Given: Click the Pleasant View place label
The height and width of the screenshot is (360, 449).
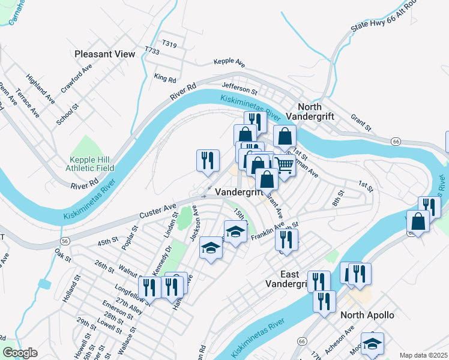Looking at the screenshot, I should tap(105, 54).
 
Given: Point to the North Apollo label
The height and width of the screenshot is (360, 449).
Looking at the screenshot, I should tap(367, 315).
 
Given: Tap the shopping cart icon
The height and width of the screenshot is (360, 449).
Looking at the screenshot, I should tap(284, 166).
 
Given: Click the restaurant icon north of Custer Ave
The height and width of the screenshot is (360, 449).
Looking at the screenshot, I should tap(208, 160).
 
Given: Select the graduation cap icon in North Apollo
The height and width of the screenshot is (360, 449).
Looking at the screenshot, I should tap(372, 343).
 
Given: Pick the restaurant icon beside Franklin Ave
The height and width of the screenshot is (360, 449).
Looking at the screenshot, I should tap(286, 239).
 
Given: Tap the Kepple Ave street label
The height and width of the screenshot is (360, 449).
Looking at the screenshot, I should tap(230, 62).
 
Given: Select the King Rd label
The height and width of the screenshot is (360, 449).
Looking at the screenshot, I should tap(164, 78).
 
